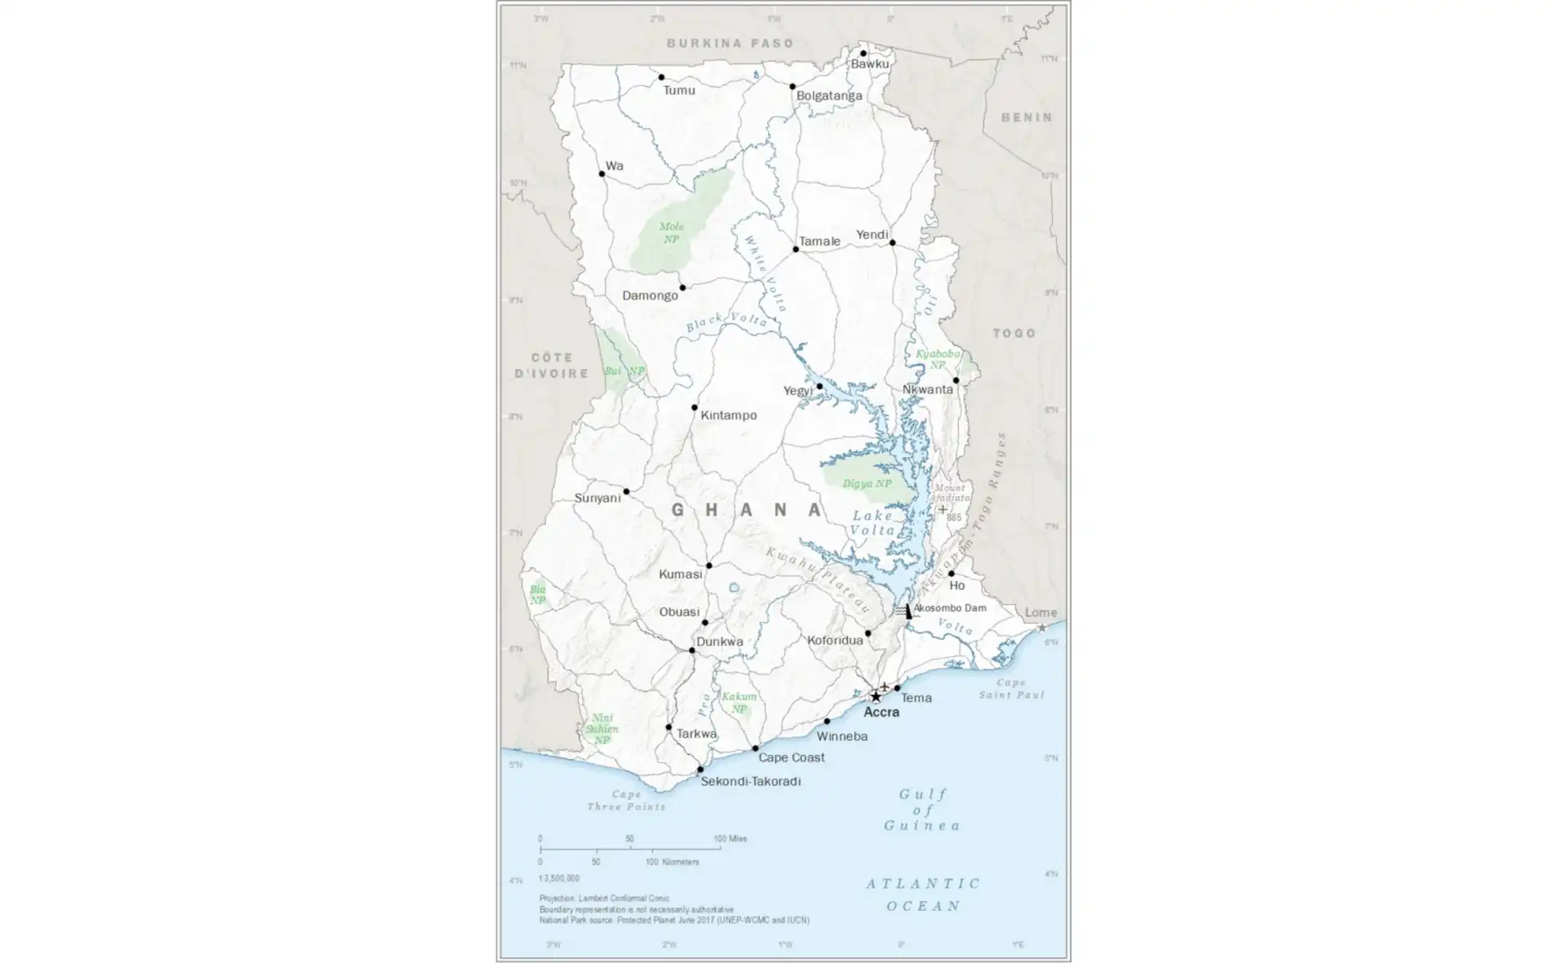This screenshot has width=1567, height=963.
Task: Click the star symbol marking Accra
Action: pyautogui.click(x=876, y=697)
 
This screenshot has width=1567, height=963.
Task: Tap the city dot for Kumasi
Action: pyautogui.click(x=709, y=566)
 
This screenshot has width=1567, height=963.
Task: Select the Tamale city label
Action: pyautogui.click(x=819, y=242)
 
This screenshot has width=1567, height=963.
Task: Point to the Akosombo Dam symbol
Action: pyautogui.click(x=909, y=610)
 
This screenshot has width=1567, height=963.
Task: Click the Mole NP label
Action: pyautogui.click(x=672, y=233)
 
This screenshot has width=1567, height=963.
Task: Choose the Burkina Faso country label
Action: pyautogui.click(x=730, y=43)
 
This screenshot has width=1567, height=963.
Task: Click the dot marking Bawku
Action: pyautogui.click(x=863, y=54)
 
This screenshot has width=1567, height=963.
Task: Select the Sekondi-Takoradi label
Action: pyautogui.click(x=750, y=781)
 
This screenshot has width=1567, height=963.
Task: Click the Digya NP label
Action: pyautogui.click(x=867, y=484)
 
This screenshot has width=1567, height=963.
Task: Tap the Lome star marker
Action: pyautogui.click(x=1041, y=628)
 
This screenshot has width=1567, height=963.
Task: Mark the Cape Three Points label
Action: pyautogui.click(x=626, y=801)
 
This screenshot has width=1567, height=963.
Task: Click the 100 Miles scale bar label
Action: pyautogui.click(x=730, y=839)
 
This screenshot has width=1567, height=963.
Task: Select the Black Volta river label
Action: pyautogui.click(x=726, y=322)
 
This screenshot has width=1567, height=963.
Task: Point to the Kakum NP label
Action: pyautogui.click(x=739, y=703)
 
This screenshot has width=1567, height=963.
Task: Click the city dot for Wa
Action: pyautogui.click(x=602, y=174)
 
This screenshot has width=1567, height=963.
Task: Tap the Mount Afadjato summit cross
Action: pyautogui.click(x=943, y=509)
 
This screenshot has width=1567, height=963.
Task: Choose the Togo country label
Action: pyautogui.click(x=1014, y=333)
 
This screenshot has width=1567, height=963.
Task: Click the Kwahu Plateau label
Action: pyautogui.click(x=818, y=580)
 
